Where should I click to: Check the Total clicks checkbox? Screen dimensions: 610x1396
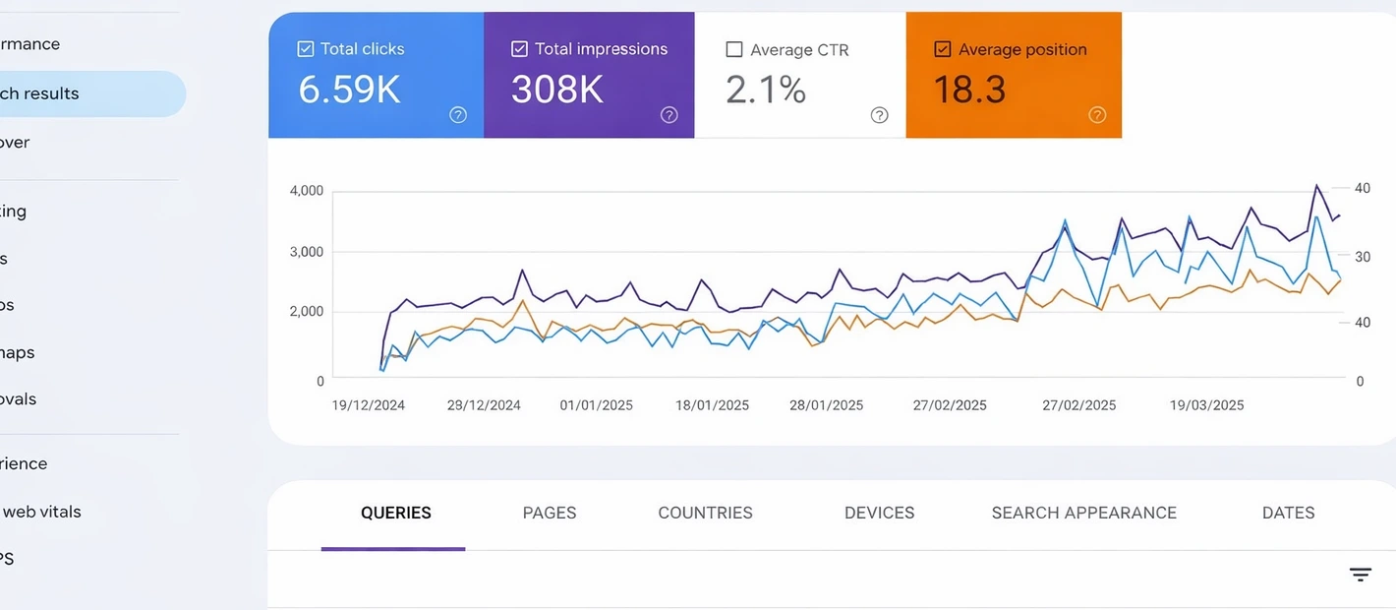(x=305, y=49)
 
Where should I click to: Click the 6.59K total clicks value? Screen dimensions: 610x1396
(x=349, y=90)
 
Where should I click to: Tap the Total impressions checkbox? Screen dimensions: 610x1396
(x=519, y=49)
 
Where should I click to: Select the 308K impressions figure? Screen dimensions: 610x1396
(x=556, y=90)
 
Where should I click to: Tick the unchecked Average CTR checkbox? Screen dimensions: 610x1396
(x=733, y=49)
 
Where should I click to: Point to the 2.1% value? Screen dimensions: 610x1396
(x=766, y=91)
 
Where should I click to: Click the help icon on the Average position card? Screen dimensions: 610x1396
(x=1097, y=115)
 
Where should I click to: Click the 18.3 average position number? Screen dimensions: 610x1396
(x=968, y=91)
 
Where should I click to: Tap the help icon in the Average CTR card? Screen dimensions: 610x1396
(x=880, y=115)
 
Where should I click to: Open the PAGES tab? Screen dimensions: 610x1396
(x=549, y=513)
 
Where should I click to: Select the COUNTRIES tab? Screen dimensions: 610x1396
(x=705, y=513)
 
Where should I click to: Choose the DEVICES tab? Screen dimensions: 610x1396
(x=879, y=513)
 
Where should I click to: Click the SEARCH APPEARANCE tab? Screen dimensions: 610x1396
(x=1083, y=513)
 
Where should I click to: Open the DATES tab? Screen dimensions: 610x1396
(x=1288, y=513)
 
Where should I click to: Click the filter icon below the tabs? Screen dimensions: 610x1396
(x=1360, y=575)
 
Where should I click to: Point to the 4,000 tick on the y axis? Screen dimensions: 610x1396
(x=307, y=191)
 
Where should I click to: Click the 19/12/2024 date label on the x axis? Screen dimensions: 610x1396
(x=369, y=405)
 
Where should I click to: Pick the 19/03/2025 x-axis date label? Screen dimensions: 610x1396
(x=1206, y=405)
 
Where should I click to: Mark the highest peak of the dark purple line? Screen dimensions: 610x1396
(x=1316, y=184)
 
